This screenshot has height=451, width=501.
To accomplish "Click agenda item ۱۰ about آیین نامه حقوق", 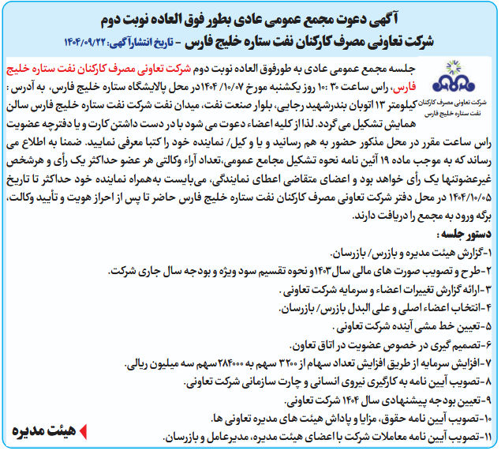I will click(x=355, y=416).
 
